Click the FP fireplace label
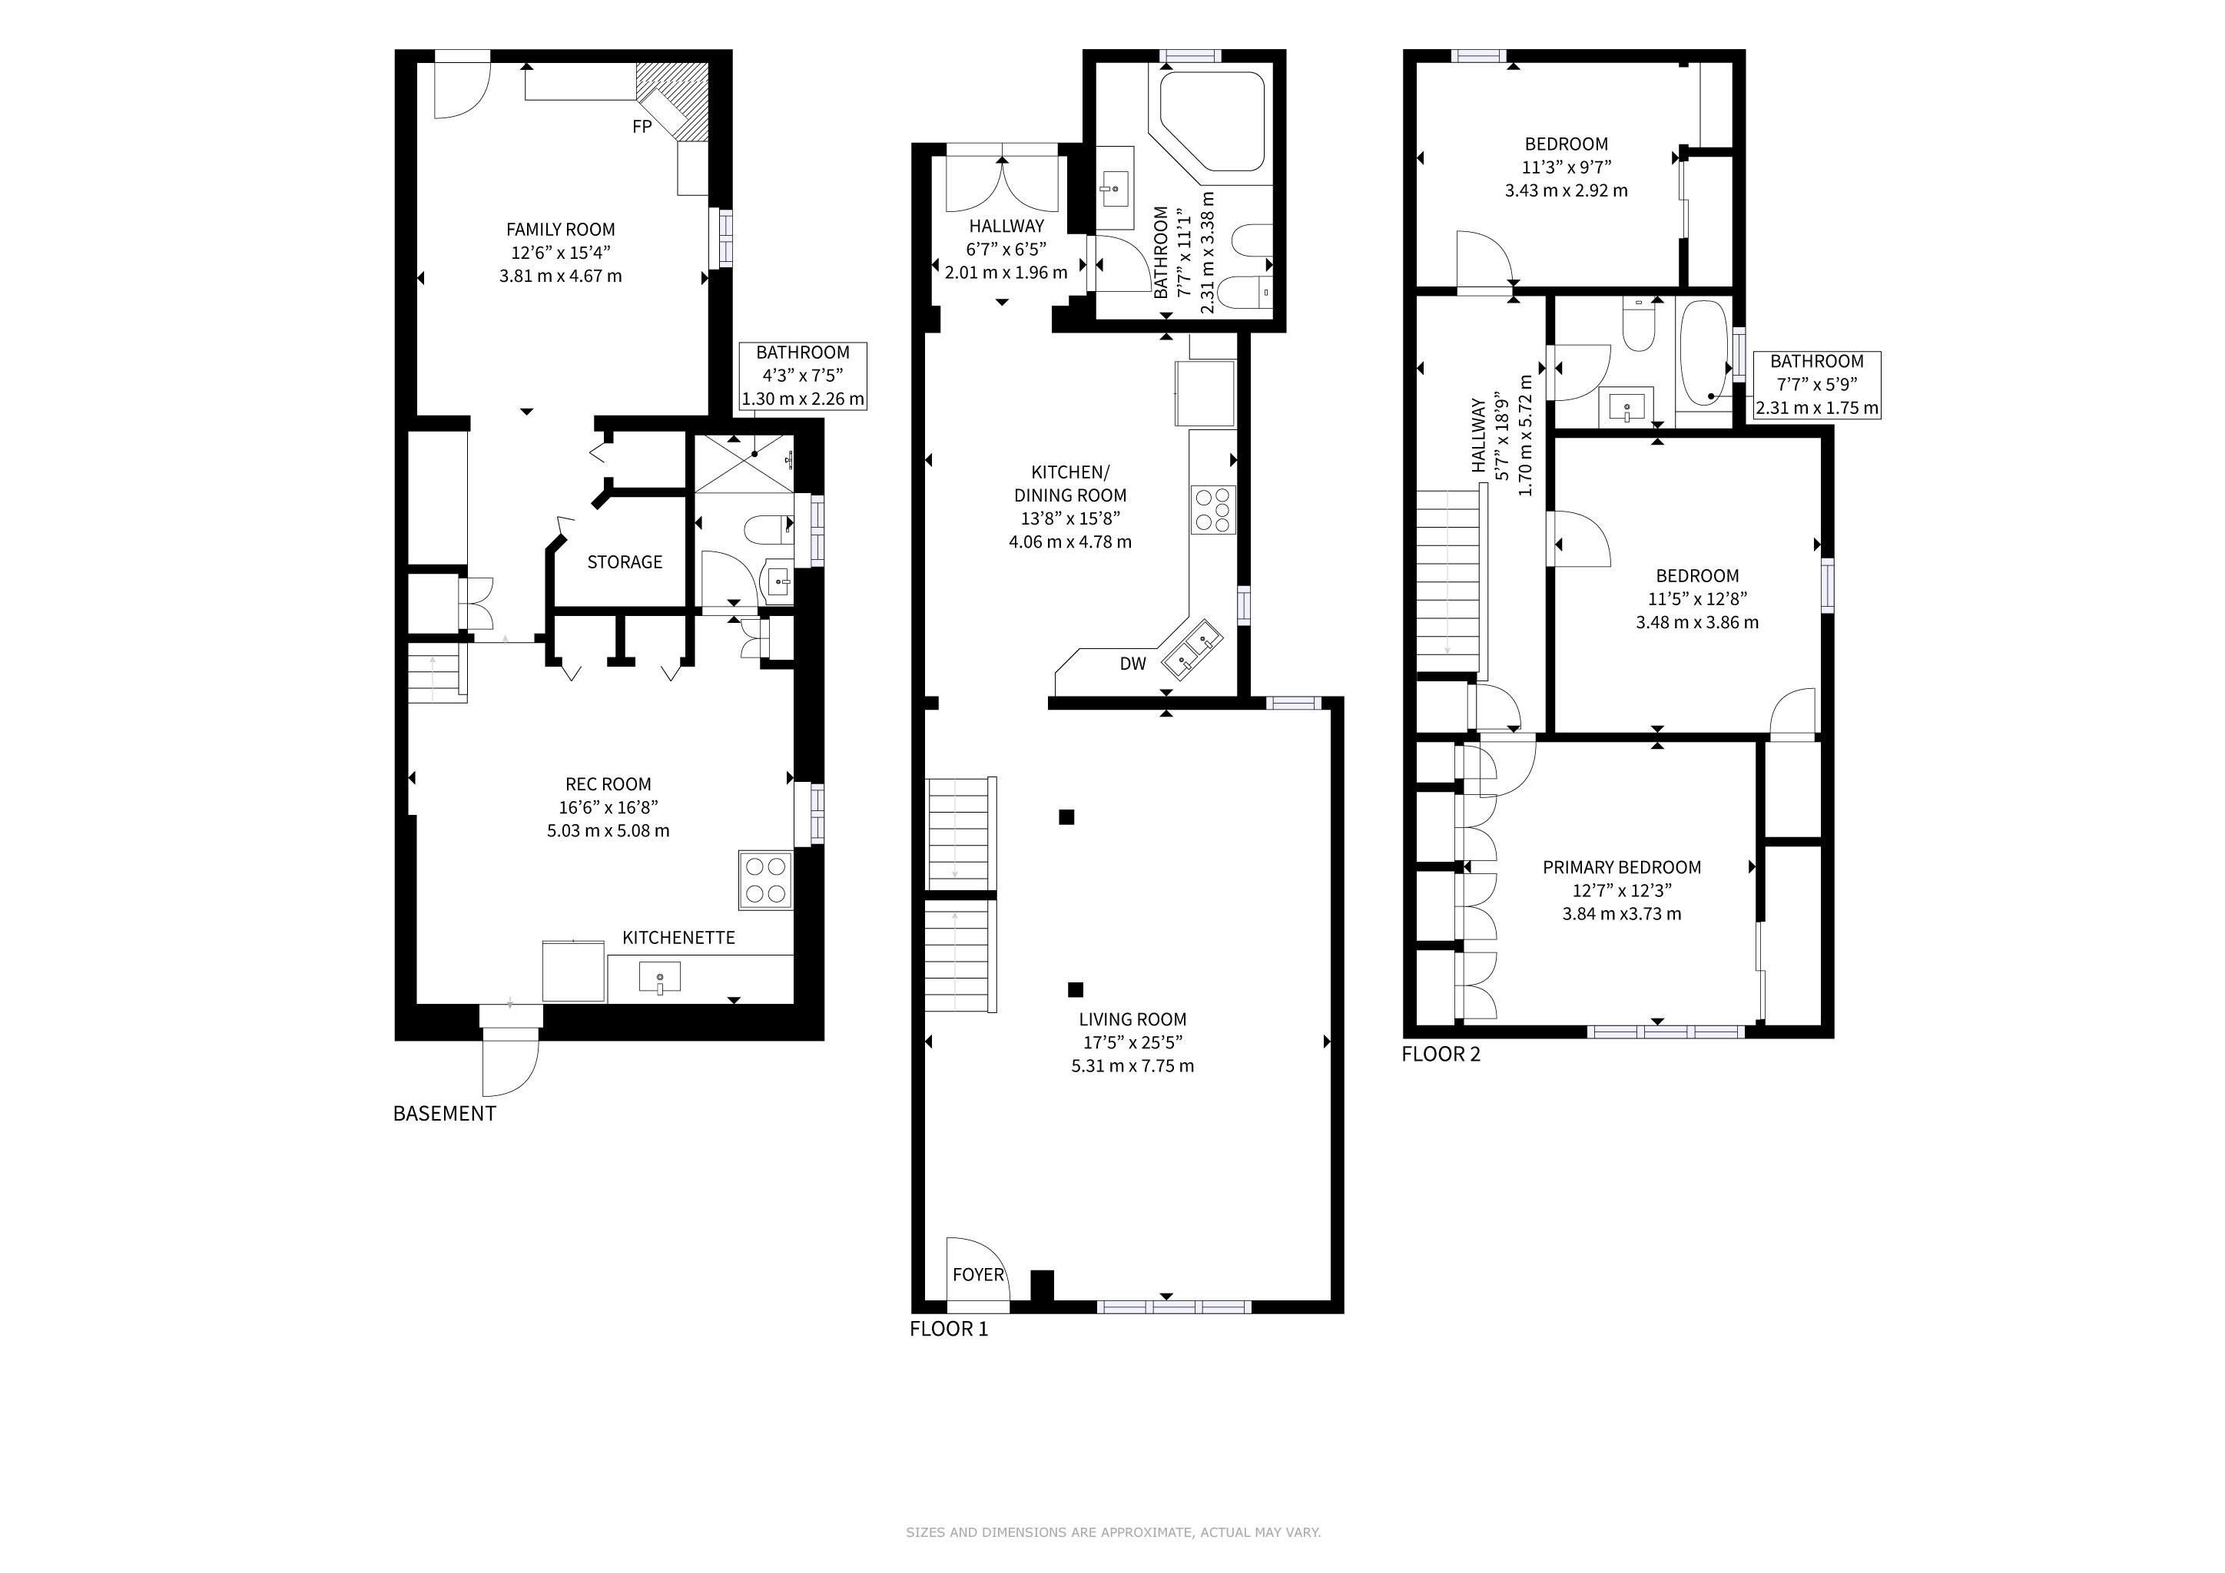point(642,126)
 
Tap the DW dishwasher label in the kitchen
point(1132,664)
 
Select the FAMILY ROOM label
point(560,230)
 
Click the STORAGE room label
point(625,561)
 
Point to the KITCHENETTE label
point(678,938)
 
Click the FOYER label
point(979,1275)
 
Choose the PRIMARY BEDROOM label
point(1622,867)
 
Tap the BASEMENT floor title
point(445,1114)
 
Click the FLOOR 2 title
point(1441,1054)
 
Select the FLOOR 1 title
point(949,1329)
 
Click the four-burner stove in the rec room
point(765,879)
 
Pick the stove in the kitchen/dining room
point(1213,509)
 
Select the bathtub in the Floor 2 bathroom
point(1703,366)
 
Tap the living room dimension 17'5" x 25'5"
point(1132,1043)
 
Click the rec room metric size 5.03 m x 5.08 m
point(608,831)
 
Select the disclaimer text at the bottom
point(1113,1532)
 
